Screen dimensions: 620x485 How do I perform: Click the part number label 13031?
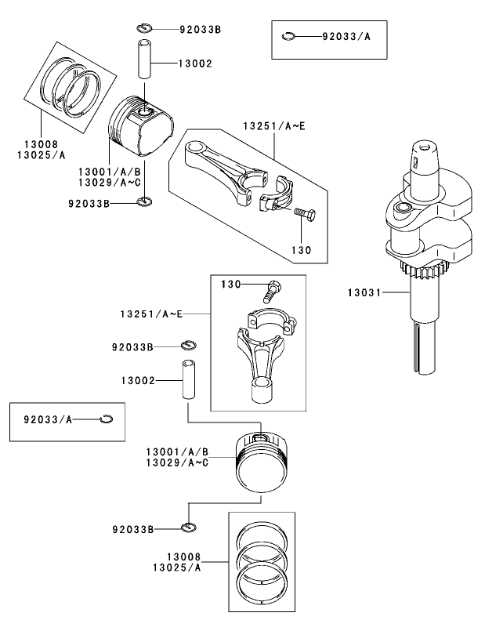pos(364,292)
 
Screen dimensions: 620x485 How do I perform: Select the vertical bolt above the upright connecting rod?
pos(273,292)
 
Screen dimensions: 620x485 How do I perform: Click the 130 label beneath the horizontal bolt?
pos(301,251)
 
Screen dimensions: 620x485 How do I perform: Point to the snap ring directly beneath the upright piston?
pos(187,526)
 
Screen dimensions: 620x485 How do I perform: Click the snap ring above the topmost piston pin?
pos(143,29)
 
